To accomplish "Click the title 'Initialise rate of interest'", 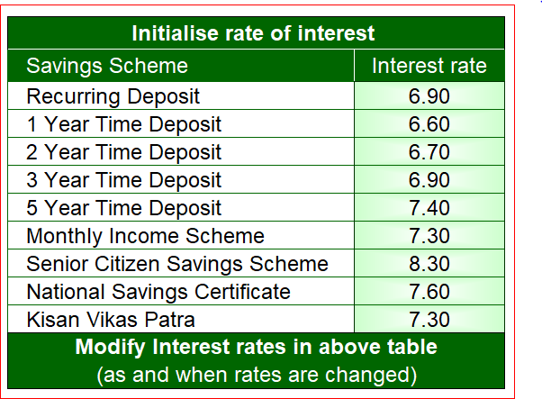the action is [253, 33].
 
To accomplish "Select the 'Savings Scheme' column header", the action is [107, 66].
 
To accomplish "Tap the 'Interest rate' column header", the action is [429, 66].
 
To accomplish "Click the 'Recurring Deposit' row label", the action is [113, 96].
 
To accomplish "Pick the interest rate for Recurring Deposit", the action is [429, 96].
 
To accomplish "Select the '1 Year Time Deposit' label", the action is [123, 124].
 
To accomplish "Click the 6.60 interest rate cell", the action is [429, 124].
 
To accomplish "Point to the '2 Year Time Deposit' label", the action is [123, 152].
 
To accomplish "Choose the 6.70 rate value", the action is [429, 152].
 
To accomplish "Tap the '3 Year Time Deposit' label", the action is [123, 180].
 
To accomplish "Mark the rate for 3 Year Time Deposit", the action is [429, 180].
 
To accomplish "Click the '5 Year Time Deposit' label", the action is [123, 208].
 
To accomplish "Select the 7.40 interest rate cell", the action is [429, 208].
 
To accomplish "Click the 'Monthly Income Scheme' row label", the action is [146, 236].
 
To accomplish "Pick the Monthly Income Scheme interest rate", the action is [429, 236].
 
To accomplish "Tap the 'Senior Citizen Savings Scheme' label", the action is [177, 264].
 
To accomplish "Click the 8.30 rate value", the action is [429, 264].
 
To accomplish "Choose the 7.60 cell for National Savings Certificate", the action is [429, 292].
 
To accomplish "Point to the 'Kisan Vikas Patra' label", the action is [111, 320].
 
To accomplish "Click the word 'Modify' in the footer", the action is [111, 348].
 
